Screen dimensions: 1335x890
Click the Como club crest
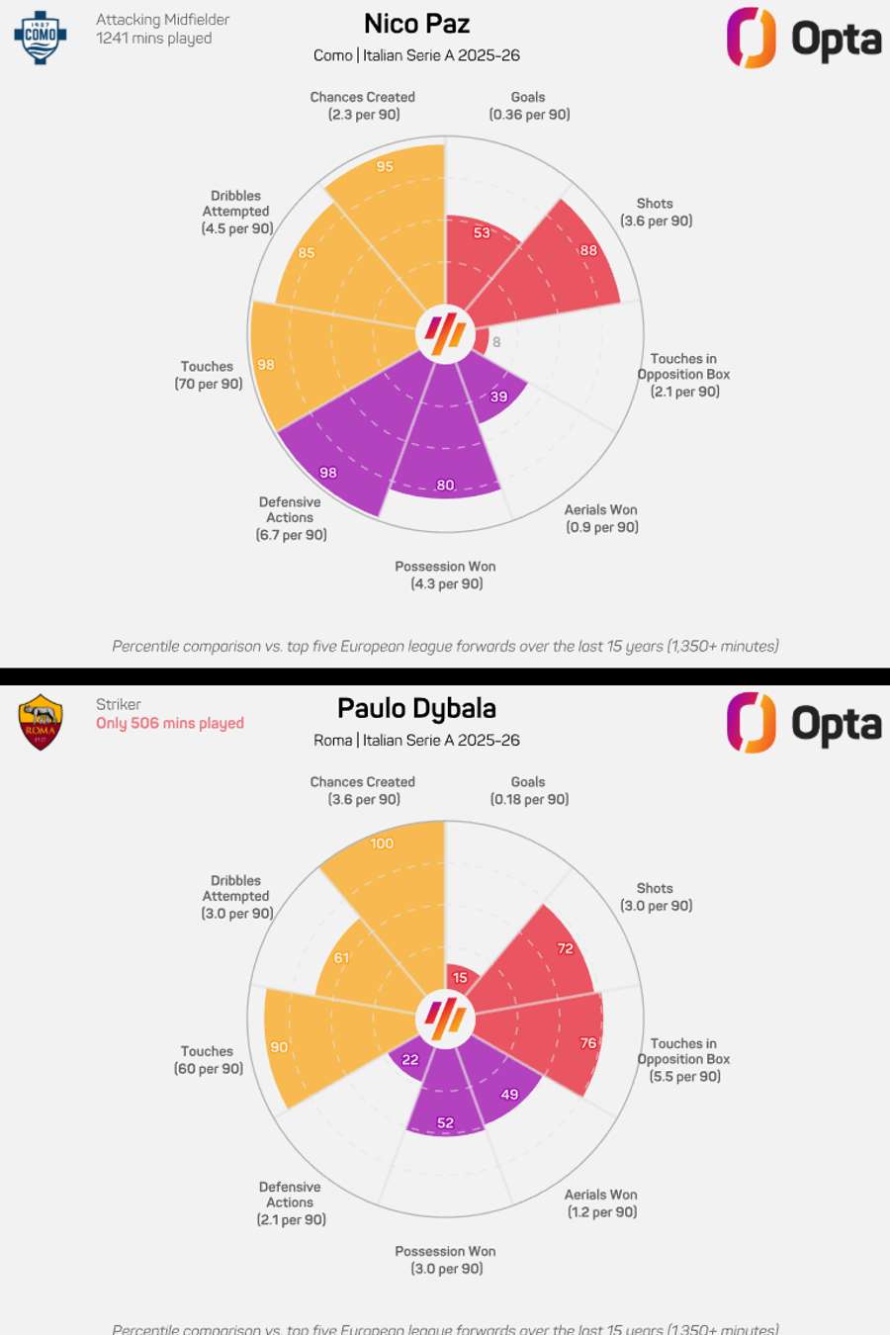coord(41,38)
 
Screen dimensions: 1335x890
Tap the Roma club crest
coord(41,722)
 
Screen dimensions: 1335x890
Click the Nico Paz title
coord(416,24)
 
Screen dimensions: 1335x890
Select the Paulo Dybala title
coord(416,708)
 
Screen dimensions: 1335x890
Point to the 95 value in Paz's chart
coord(385,166)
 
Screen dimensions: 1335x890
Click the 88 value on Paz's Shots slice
coord(588,250)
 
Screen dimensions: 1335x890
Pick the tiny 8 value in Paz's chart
coord(496,342)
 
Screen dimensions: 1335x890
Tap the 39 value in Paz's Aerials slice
coord(499,397)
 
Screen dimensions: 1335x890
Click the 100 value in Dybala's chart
coord(382,844)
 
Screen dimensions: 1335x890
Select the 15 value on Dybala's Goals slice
coord(460,978)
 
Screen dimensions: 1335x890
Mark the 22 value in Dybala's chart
coord(410,1059)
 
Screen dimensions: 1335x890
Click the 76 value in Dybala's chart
coord(588,1042)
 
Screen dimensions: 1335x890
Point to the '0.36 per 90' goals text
coord(529,115)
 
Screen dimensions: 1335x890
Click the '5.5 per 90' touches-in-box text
coord(684,1076)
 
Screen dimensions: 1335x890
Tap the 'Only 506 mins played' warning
coord(170,723)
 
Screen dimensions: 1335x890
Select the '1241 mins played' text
coord(154,39)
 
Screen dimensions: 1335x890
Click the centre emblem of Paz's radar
coord(445,333)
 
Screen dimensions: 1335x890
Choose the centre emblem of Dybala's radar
coord(445,1018)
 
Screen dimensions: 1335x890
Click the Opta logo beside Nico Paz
coord(803,39)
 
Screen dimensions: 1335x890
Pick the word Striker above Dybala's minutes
coord(119,704)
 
